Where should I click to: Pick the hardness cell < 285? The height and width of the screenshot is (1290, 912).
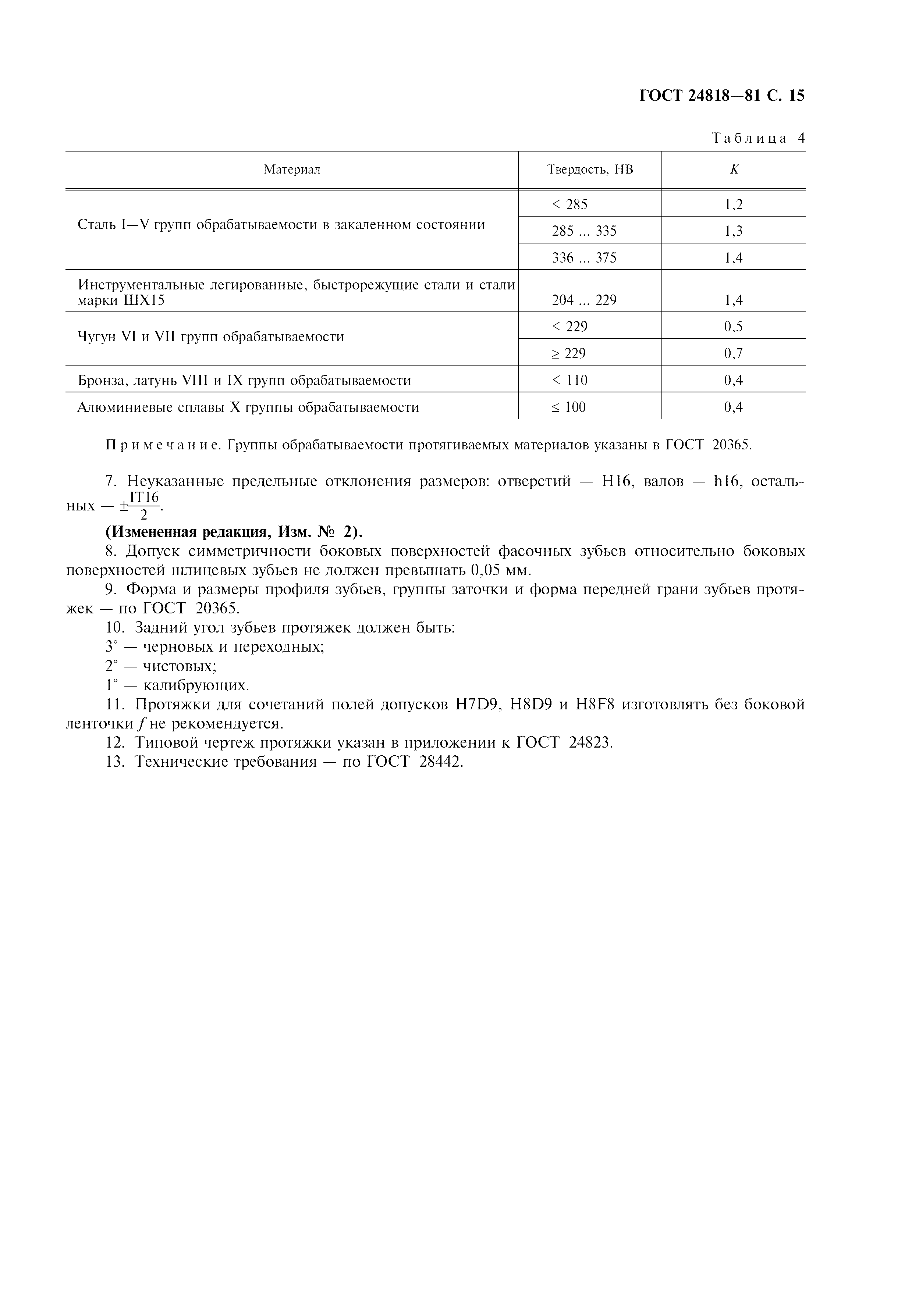[x=570, y=204]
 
